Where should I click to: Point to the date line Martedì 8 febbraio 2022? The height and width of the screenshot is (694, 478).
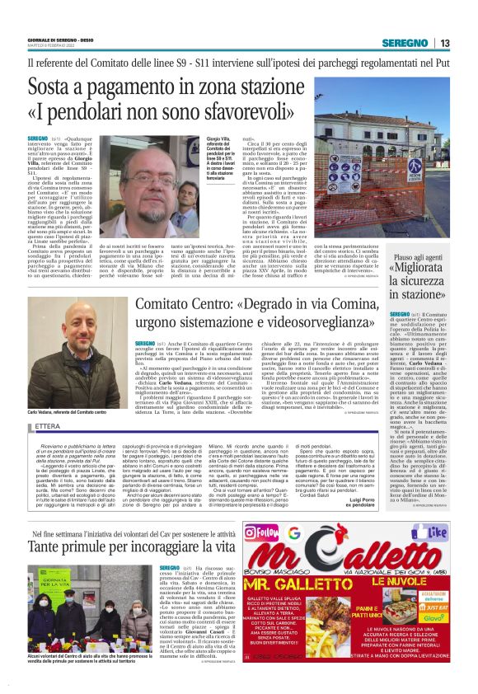pos(49,46)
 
